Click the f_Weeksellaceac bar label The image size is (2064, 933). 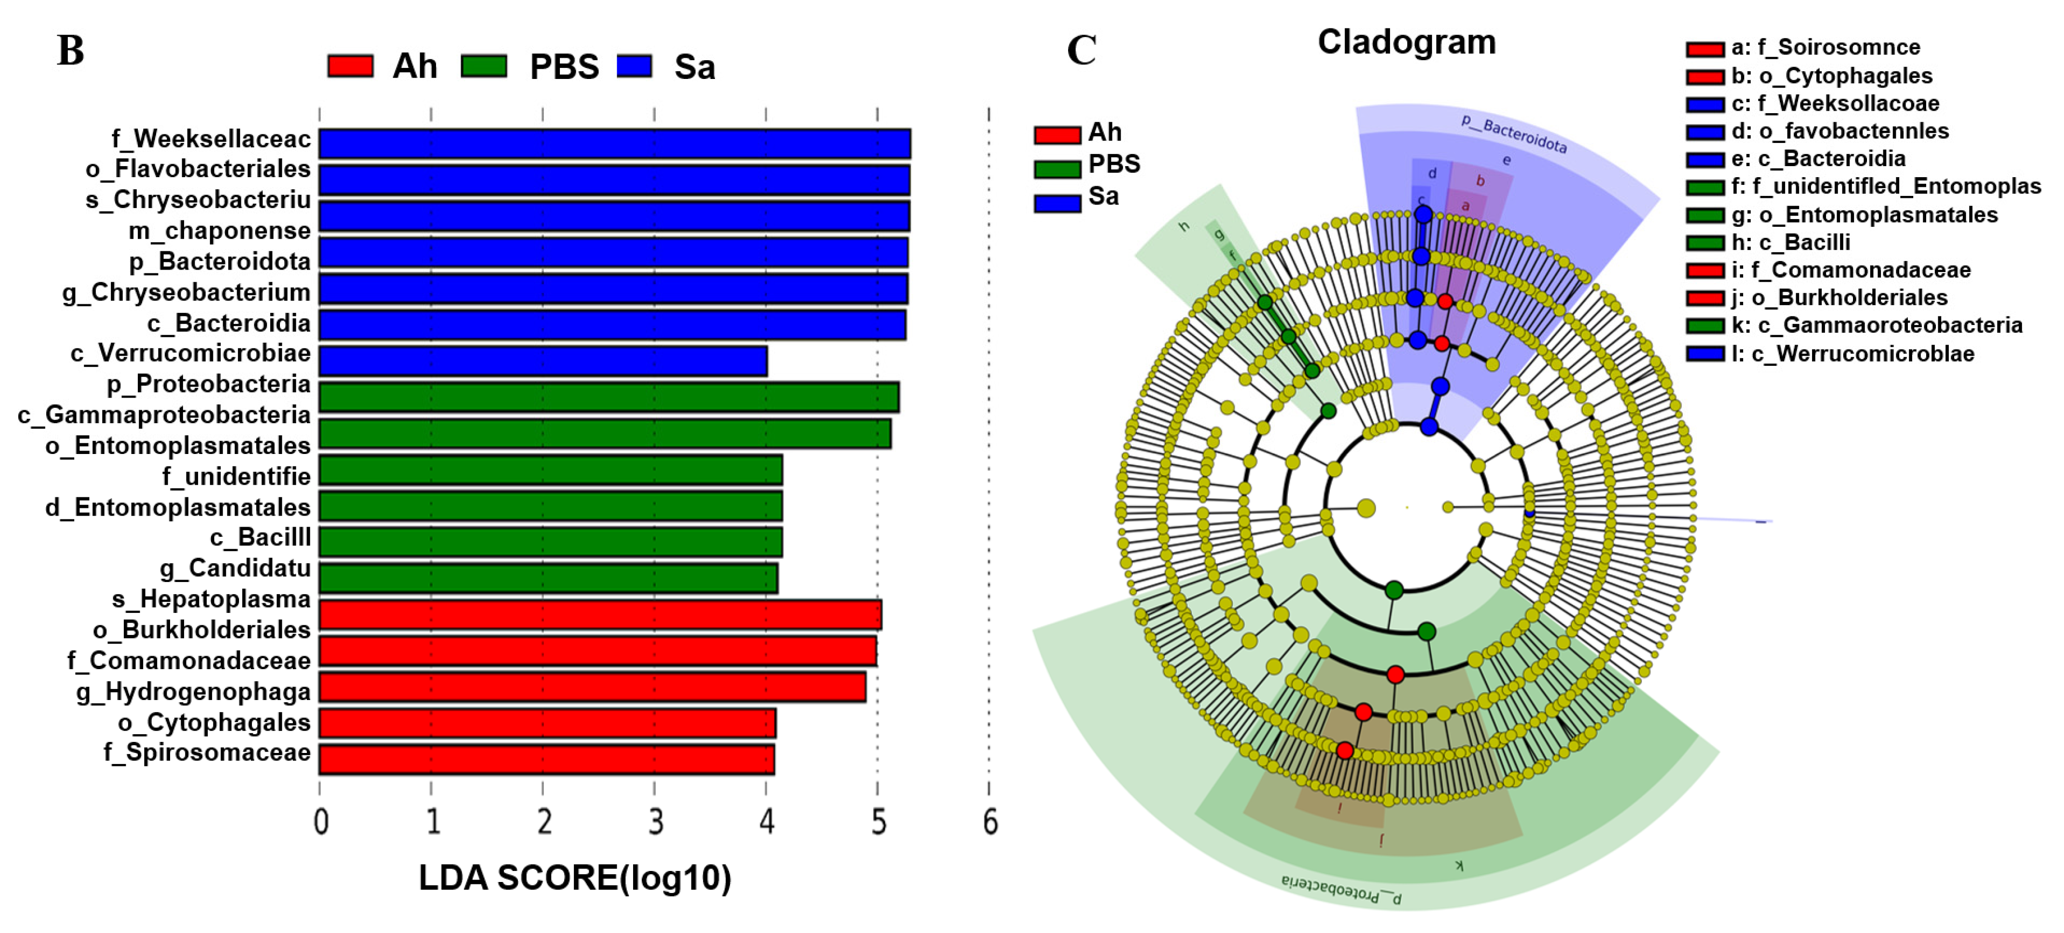click(211, 139)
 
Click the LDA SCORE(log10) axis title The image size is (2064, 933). click(574, 878)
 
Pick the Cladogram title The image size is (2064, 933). click(1406, 42)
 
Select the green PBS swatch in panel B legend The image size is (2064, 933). click(484, 65)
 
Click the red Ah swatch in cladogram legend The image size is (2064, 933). click(1057, 134)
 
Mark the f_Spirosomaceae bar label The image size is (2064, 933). click(207, 753)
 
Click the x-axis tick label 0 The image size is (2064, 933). click(320, 822)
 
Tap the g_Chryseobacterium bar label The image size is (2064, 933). click(186, 292)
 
